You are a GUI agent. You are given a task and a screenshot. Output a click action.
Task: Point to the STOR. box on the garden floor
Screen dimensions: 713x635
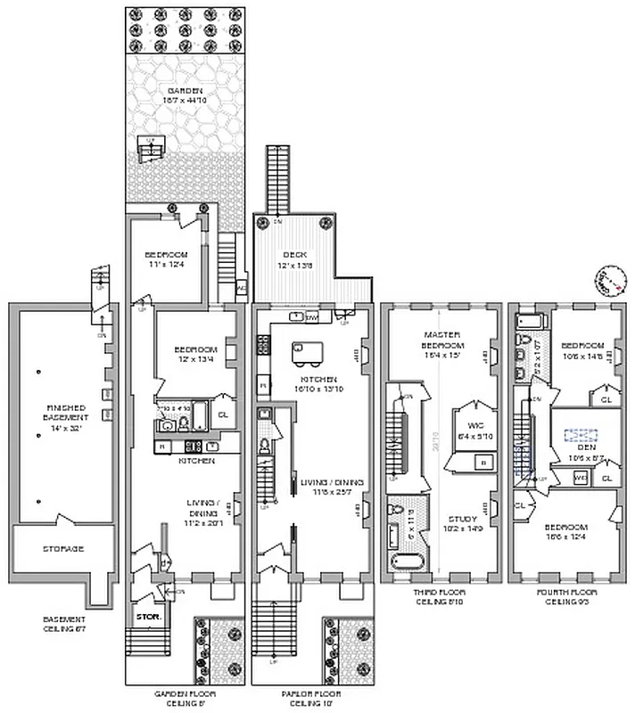pyautogui.click(x=145, y=616)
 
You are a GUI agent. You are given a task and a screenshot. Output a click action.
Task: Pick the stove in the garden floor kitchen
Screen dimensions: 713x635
pyautogui.click(x=190, y=447)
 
